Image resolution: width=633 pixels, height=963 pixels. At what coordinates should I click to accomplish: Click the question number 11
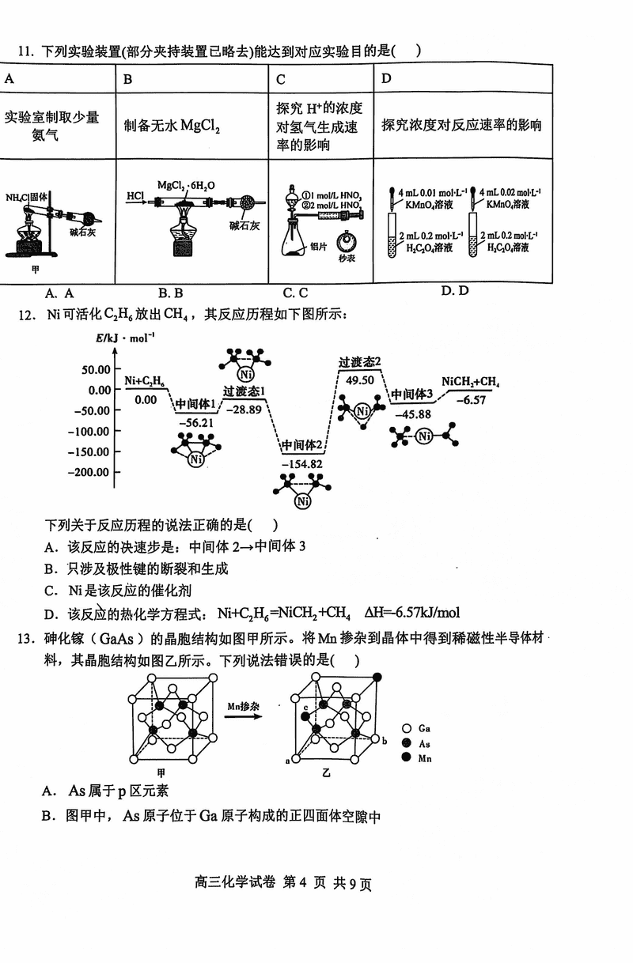[24, 52]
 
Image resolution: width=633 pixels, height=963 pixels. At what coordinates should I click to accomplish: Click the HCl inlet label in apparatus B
[135, 194]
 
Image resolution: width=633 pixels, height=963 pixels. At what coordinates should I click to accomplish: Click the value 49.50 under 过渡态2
[360, 380]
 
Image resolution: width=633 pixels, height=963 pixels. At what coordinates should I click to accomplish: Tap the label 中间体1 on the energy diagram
[195, 404]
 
